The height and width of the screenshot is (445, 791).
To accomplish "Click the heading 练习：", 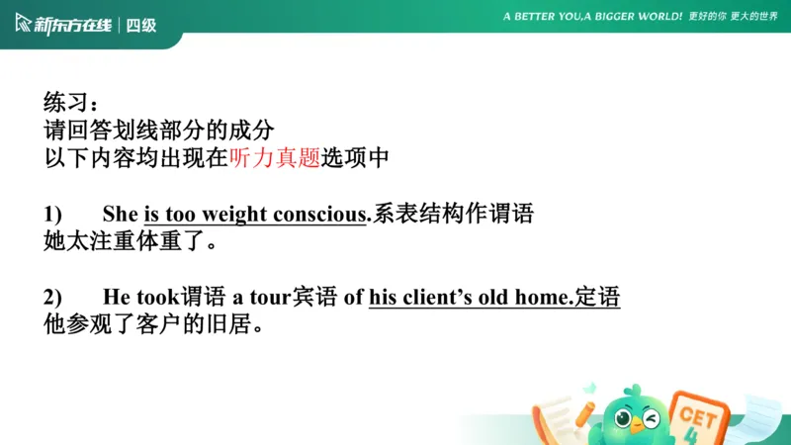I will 71,102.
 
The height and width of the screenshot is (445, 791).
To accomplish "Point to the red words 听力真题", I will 274,157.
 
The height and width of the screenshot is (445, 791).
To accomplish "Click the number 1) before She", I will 53,215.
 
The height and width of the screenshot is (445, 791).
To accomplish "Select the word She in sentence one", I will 121,215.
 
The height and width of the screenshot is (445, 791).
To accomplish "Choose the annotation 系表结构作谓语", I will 452,215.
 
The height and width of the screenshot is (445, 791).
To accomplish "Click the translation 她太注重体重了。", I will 131,242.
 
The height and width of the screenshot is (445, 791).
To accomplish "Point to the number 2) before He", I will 53,297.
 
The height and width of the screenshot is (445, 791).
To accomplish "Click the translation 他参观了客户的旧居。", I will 153,324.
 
